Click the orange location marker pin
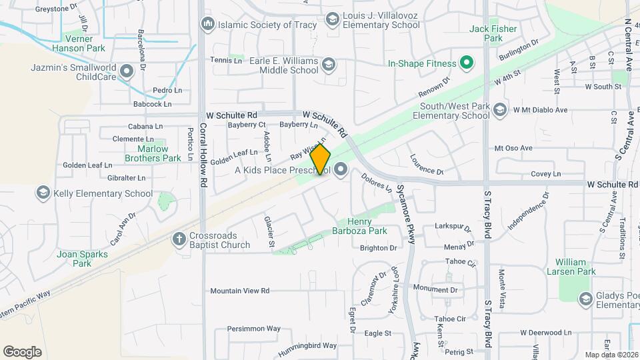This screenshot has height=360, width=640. pyautogui.click(x=321, y=159)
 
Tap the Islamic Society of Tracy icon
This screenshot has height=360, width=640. pyautogui.click(x=207, y=25)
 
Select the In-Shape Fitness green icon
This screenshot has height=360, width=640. pyautogui.click(x=467, y=64)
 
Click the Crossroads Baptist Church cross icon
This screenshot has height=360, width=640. pyautogui.click(x=179, y=239)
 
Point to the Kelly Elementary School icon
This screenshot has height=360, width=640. pyautogui.click(x=43, y=193)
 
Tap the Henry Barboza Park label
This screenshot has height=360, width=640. pyautogui.click(x=367, y=227)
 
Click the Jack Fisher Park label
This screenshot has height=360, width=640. pyautogui.click(x=493, y=33)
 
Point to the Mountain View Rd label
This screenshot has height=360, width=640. pyautogui.click(x=239, y=291)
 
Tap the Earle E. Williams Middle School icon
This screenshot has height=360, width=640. pyautogui.click(x=328, y=65)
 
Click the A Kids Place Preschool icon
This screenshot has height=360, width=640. pyautogui.click(x=341, y=169)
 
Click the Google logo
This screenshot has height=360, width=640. pyautogui.click(x=22, y=351)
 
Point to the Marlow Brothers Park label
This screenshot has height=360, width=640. pyautogui.click(x=153, y=153)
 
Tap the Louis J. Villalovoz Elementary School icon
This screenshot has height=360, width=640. pyautogui.click(x=331, y=19)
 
